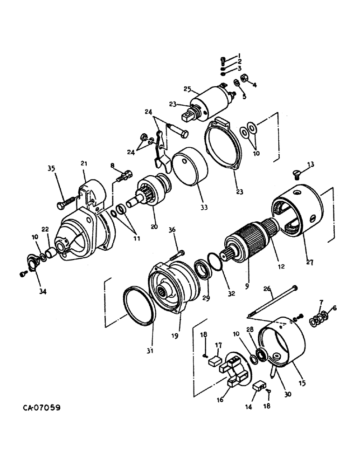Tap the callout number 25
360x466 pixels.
pos(187,89)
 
